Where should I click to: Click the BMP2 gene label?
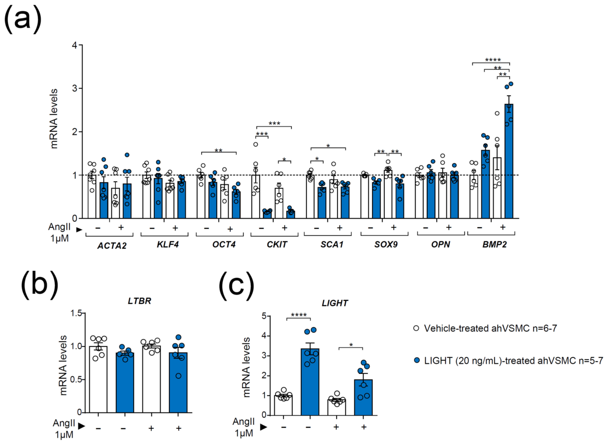[494, 244]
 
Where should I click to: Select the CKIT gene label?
[277, 244]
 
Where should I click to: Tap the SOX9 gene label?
[386, 244]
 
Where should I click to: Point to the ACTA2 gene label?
[112, 245]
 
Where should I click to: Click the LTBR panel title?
[139, 301]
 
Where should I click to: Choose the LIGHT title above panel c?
[335, 303]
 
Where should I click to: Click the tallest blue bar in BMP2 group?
[509, 162]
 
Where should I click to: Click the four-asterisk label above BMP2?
[493, 60]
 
